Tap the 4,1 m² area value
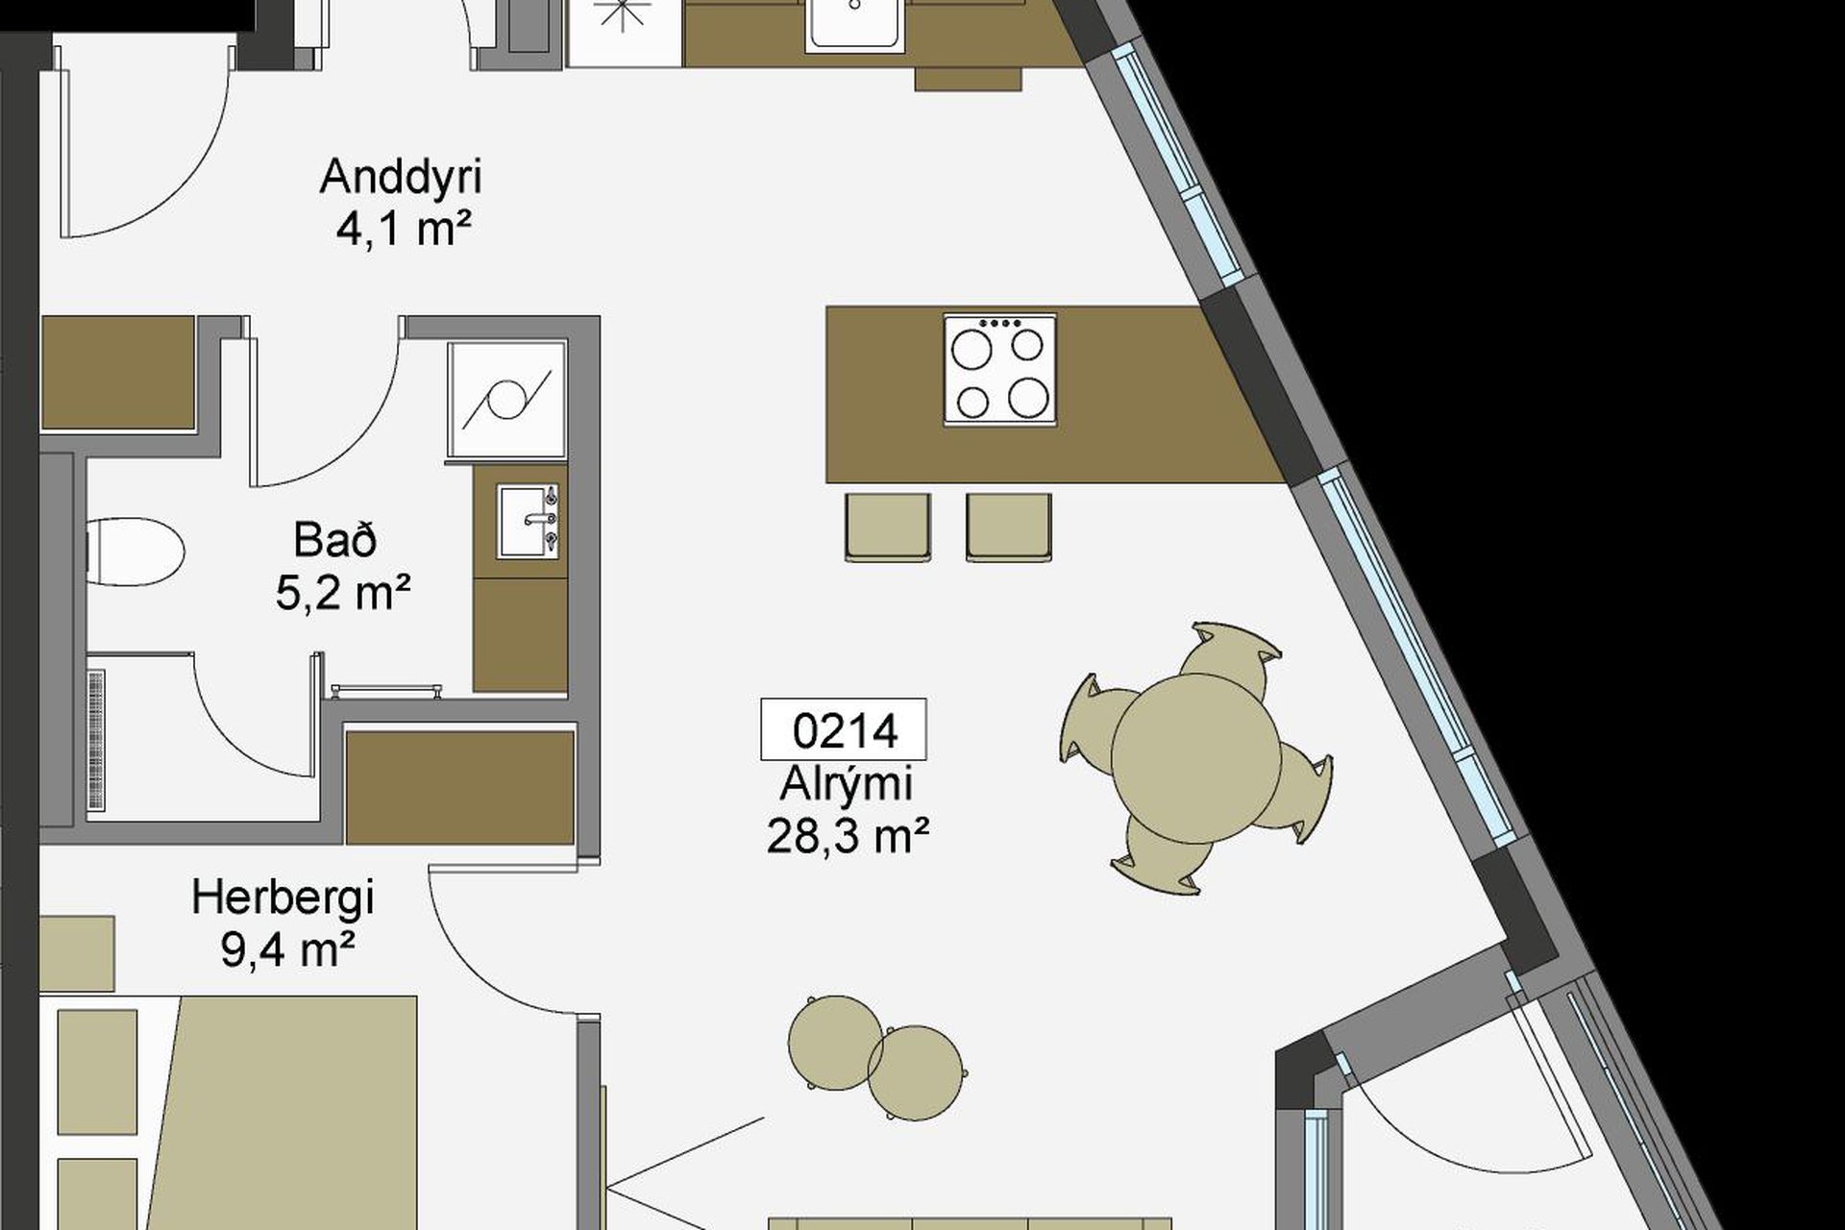click(404, 231)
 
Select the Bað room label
click(335, 540)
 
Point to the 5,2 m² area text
click(343, 593)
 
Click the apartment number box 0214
click(844, 730)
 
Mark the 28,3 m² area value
click(848, 836)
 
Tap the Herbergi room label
click(283, 899)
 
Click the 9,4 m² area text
click(287, 950)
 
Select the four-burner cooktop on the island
click(999, 369)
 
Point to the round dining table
click(1195, 758)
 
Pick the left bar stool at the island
click(888, 528)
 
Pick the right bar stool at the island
click(1009, 528)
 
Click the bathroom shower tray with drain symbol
click(506, 399)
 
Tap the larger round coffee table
click(835, 1043)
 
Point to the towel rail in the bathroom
click(386, 690)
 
